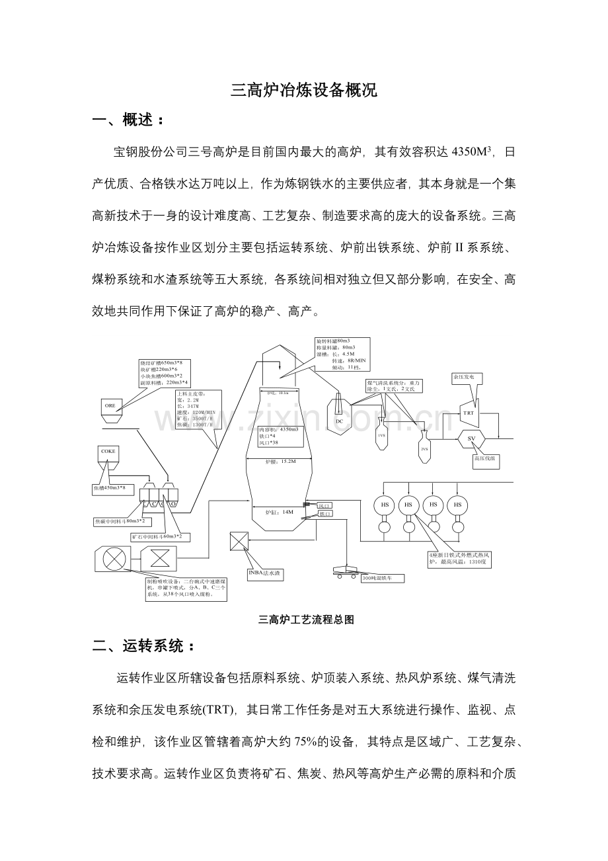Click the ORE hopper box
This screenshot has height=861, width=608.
(x=110, y=405)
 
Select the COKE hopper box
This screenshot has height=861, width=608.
(x=108, y=452)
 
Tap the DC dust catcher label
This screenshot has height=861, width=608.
(x=340, y=421)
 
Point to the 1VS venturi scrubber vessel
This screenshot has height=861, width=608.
(x=381, y=435)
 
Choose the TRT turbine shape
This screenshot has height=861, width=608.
(x=469, y=413)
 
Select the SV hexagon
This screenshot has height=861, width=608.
(x=471, y=438)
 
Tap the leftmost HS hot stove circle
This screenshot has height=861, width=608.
(x=385, y=505)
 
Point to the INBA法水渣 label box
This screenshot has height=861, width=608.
(x=265, y=573)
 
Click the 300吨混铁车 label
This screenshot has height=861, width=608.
(x=382, y=578)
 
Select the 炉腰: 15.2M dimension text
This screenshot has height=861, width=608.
(x=280, y=462)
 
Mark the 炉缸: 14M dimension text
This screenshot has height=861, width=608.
(x=279, y=511)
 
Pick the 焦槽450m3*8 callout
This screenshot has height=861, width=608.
(x=109, y=489)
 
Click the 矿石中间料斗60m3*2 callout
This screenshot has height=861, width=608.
(x=157, y=536)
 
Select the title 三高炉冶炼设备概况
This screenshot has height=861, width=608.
(x=304, y=91)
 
